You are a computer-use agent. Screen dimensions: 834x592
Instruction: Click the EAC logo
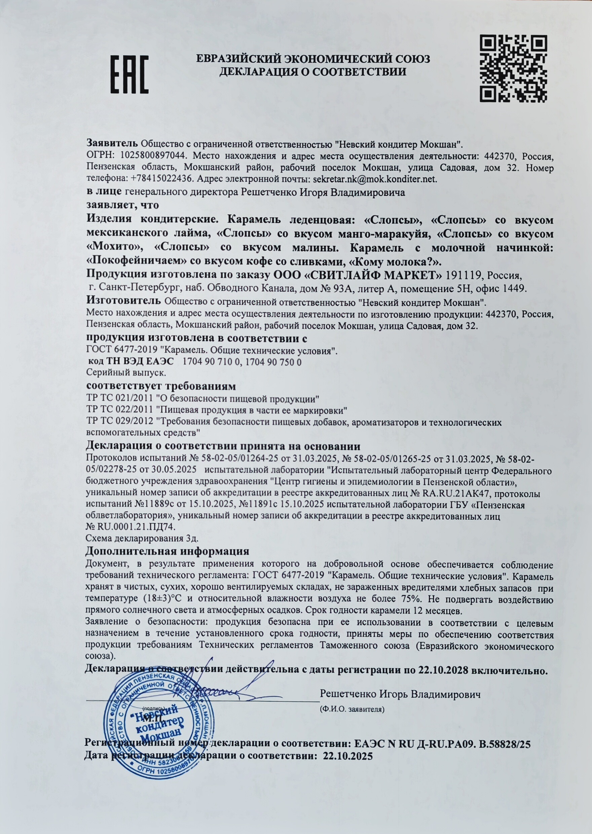[x=129, y=74]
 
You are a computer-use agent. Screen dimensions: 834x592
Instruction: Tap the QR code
[x=513, y=68]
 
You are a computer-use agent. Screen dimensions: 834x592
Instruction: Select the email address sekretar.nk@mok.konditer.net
[x=373, y=179]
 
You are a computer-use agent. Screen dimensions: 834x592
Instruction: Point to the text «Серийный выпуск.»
[x=126, y=373]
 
